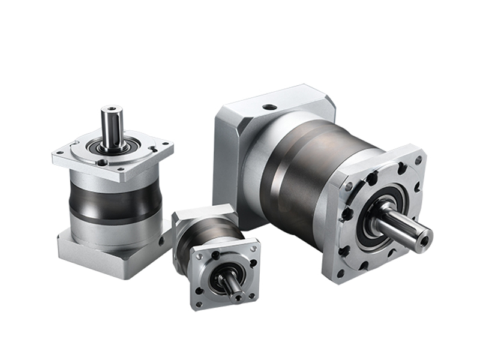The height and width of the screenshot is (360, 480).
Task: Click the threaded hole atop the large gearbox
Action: tap(270, 107)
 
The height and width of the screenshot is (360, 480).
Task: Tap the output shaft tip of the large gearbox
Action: tap(425, 239)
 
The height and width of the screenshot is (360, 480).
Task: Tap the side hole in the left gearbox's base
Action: tap(161, 241)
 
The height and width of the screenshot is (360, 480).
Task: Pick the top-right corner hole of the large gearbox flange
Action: tap(418, 161)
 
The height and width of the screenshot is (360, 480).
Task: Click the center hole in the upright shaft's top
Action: tap(112, 110)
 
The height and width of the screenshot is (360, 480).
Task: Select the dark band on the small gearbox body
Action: tap(198, 240)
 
